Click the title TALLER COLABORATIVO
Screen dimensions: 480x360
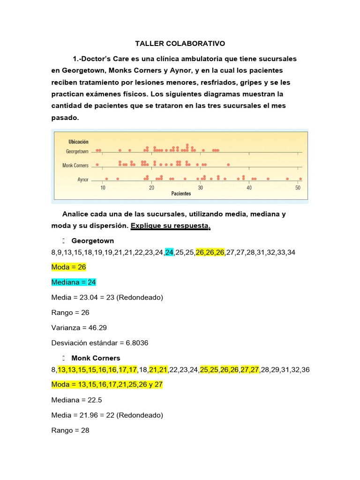(180, 44)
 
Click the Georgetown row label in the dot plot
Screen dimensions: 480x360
(77, 152)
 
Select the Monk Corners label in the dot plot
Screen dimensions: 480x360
(75, 165)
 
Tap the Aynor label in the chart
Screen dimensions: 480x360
(82, 180)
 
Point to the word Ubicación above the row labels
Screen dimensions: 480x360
(78, 142)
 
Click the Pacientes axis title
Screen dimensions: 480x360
(181, 194)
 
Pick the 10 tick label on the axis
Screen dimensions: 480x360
(103, 188)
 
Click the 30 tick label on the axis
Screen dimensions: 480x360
(200, 188)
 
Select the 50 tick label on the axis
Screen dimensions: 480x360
(298, 188)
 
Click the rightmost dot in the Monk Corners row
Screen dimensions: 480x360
(228, 165)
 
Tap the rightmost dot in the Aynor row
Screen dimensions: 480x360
(300, 179)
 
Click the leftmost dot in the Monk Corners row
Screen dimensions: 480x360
(97, 165)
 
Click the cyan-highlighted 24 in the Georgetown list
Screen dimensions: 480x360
(169, 252)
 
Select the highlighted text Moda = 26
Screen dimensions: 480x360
(68, 267)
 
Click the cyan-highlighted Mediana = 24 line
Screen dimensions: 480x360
(74, 282)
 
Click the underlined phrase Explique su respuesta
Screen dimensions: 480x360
(171, 226)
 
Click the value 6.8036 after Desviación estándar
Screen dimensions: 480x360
(135, 343)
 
